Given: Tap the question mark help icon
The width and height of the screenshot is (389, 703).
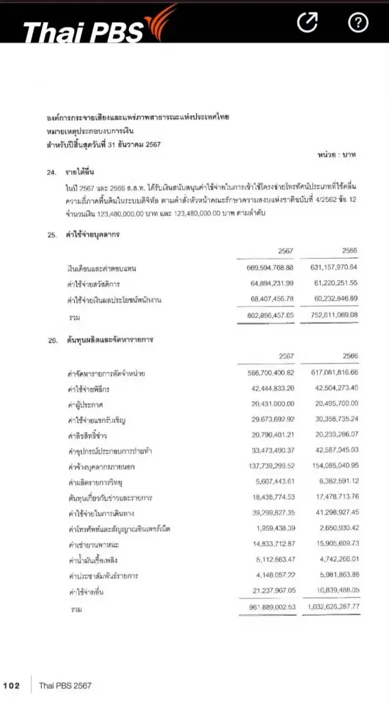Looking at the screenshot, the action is (x=358, y=23).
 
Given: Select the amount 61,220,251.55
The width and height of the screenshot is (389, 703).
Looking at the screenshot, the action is (x=334, y=282).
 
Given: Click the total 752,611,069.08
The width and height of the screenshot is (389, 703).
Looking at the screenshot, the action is (x=333, y=315).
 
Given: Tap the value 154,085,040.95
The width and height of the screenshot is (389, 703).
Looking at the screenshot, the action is (x=333, y=466).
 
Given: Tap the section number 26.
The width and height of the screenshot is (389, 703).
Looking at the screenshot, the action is (x=51, y=340).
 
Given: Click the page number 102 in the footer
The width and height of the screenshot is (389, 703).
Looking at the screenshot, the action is (x=12, y=685).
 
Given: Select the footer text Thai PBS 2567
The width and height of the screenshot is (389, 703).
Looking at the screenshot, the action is (x=65, y=685).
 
